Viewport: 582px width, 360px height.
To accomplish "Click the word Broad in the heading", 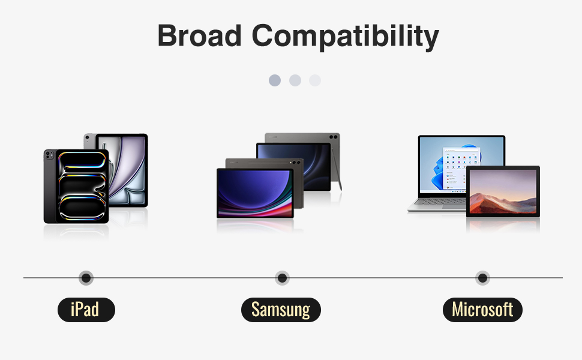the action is (x=199, y=35).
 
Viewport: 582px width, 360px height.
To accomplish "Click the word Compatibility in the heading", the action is (x=345, y=37).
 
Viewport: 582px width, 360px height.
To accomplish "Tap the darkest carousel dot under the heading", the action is (x=275, y=80).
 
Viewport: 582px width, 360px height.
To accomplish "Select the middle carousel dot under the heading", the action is (x=295, y=80).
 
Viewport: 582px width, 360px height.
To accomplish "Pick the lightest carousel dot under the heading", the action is (x=315, y=80).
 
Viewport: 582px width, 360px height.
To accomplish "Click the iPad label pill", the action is (x=86, y=310).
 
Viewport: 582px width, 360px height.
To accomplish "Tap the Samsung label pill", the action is (x=281, y=310).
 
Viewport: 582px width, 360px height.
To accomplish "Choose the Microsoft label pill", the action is (x=482, y=310).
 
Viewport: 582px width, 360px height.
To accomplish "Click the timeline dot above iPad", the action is (x=86, y=278).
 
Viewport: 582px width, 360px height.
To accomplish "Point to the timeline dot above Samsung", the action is (x=282, y=278).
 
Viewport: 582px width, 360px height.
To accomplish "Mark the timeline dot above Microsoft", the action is (x=482, y=278).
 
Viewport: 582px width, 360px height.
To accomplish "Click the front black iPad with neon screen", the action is (x=76, y=187).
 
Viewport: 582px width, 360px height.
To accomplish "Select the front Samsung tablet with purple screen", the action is (x=255, y=193).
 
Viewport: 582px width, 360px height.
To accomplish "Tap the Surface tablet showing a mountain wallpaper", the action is (x=503, y=191).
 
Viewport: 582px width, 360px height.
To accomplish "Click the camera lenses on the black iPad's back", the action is (x=49, y=154).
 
